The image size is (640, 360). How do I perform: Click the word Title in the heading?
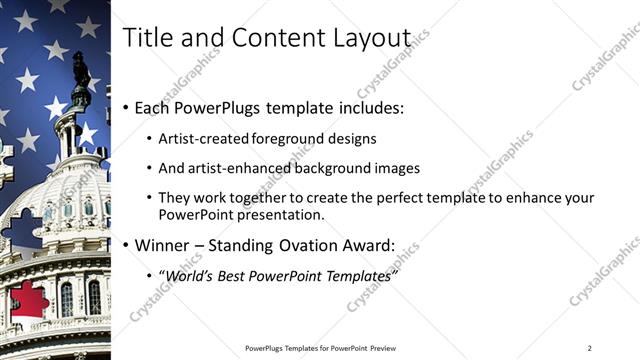[146, 37]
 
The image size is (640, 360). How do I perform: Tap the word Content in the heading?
[271, 37]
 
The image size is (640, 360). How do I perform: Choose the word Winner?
[162, 245]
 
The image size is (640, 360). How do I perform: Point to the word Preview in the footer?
[381, 348]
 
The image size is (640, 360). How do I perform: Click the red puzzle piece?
[29, 301]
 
